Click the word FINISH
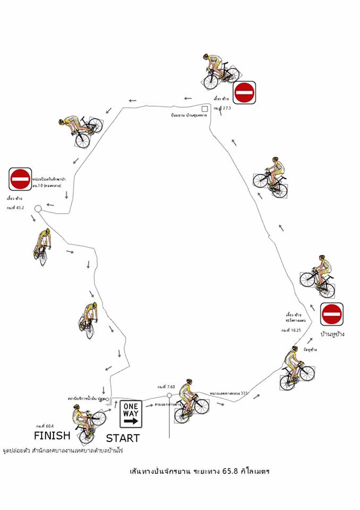coord(52,436)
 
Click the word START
coord(123,438)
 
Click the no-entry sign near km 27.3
coord(245,92)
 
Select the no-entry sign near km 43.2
coord(20,179)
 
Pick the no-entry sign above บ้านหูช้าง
coord(332,313)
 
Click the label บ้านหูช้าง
coord(333,334)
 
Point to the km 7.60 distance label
coord(166,387)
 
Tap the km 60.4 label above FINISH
coord(46,426)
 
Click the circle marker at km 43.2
coord(38,209)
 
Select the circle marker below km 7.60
coord(169,395)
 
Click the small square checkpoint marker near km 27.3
coord(204,109)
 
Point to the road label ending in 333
coord(229,394)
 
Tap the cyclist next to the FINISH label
coord(85,422)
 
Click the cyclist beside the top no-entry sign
coord(218,72)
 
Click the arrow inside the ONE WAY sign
coord(131,421)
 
